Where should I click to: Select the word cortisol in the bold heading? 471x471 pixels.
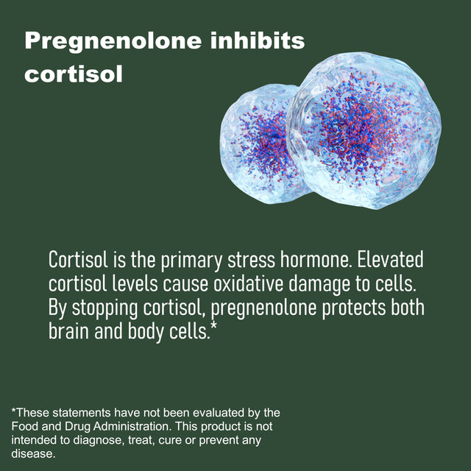point(73,75)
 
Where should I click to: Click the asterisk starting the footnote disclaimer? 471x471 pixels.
point(13,411)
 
